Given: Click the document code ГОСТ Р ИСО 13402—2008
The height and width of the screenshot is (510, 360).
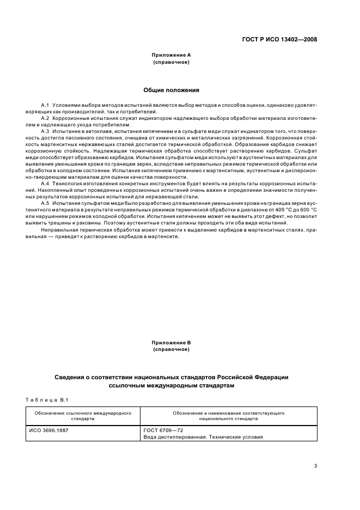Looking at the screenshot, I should [279, 40].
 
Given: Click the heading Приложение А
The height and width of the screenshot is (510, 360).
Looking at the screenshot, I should [171, 55].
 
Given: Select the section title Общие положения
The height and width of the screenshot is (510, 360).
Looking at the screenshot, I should [171, 90].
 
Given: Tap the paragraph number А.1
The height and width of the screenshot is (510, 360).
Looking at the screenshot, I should [45, 104].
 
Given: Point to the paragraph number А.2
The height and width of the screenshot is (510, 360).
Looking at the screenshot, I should [45, 118].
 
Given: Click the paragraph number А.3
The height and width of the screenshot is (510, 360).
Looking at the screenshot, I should [45, 131].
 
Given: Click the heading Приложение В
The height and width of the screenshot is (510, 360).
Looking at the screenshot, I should [171, 343].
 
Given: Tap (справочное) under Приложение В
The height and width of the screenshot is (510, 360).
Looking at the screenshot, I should [171, 349].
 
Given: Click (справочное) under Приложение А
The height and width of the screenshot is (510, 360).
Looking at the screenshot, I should [171, 62].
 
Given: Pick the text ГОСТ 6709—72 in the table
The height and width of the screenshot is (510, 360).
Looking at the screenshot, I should [159, 430].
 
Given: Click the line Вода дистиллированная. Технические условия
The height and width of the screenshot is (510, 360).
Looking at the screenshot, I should [203, 437].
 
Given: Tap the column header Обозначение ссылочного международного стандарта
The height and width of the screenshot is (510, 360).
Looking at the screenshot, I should [82, 416].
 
